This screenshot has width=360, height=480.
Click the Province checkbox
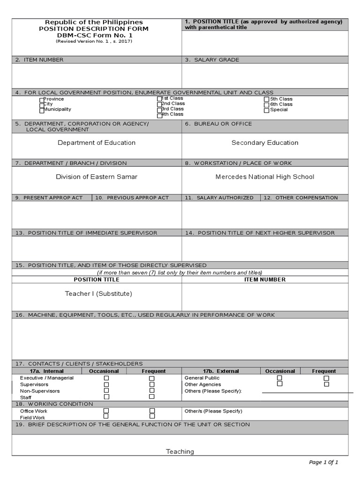(x=42, y=100)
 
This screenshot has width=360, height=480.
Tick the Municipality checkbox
(x=42, y=111)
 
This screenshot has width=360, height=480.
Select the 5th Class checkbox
(x=266, y=99)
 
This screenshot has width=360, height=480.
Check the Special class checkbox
(x=266, y=111)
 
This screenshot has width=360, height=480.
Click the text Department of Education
(x=97, y=142)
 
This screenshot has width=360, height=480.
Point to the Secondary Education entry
(x=265, y=142)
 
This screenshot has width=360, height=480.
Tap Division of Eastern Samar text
(x=97, y=177)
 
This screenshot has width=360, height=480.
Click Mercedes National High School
(x=265, y=177)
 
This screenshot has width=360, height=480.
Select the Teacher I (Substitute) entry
(x=98, y=293)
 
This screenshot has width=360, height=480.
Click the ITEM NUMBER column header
(x=265, y=279)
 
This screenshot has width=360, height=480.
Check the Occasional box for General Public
(x=279, y=378)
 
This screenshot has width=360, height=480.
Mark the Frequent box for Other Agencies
(x=326, y=384)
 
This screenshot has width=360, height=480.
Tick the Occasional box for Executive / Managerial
(x=106, y=378)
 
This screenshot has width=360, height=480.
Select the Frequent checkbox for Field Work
(x=151, y=416)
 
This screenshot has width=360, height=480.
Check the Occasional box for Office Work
(x=106, y=411)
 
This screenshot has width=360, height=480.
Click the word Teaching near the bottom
(x=180, y=451)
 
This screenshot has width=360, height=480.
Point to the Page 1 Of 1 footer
(x=323, y=462)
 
